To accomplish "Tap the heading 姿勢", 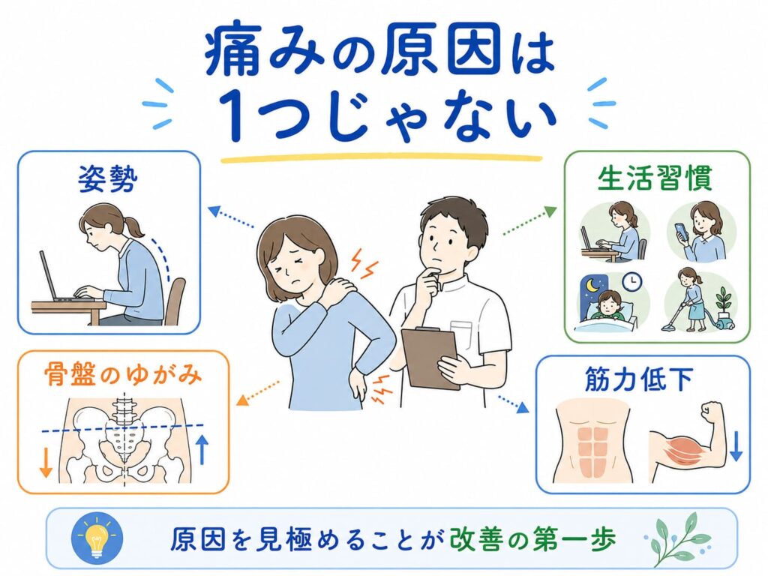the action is (x=108, y=179).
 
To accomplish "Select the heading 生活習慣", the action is (x=655, y=178).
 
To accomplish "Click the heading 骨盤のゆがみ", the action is (x=123, y=376).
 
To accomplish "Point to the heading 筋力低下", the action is (x=639, y=379).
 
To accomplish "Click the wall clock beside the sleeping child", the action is (x=631, y=281).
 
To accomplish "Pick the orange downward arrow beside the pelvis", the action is (x=46, y=461).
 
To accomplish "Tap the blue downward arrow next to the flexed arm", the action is (x=736, y=446).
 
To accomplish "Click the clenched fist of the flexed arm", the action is (x=713, y=412).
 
